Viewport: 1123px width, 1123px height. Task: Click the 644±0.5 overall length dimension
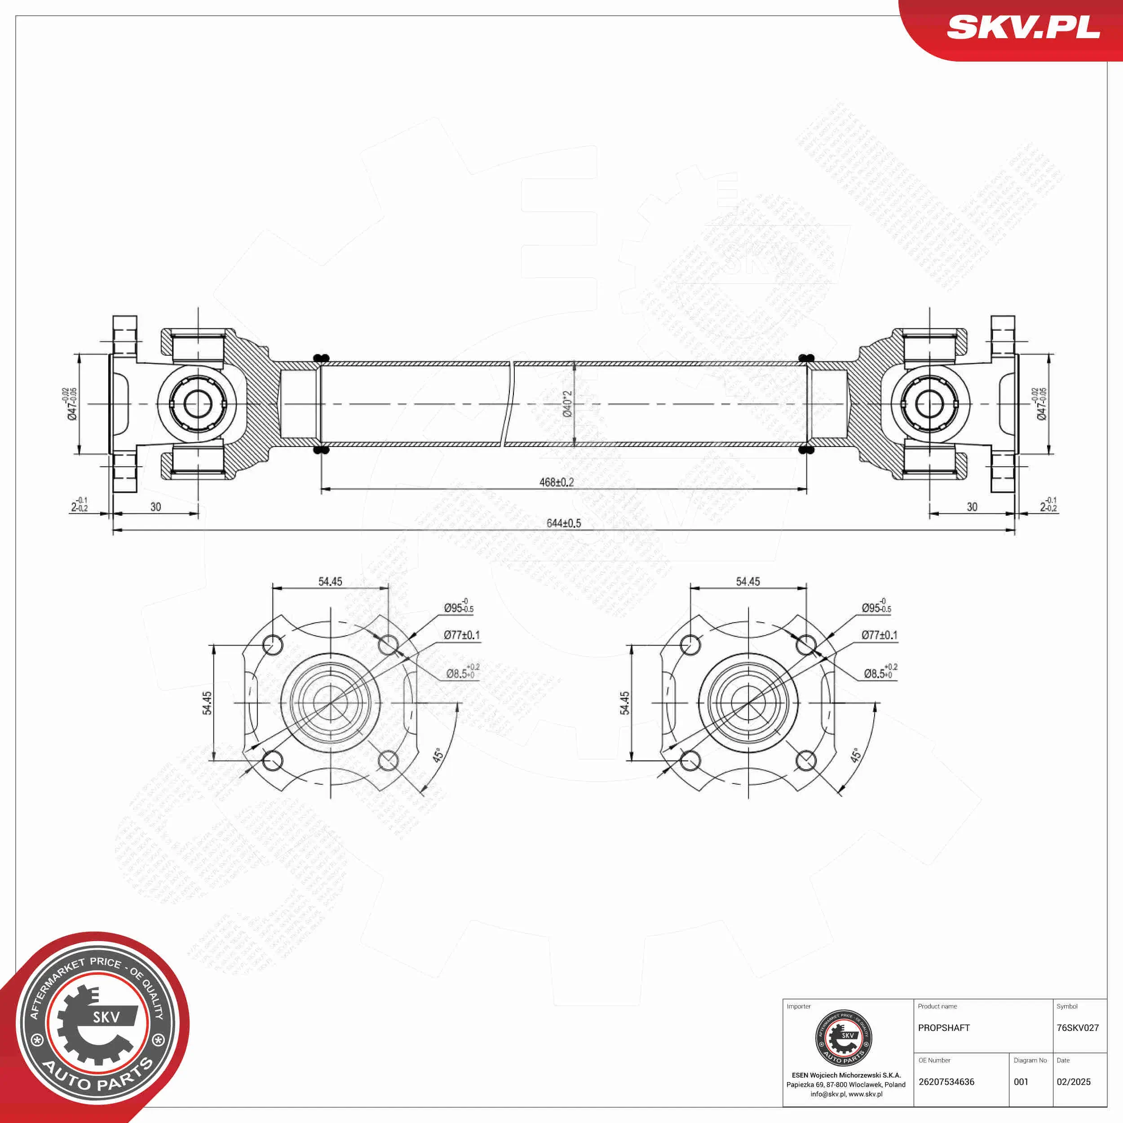pos(563,523)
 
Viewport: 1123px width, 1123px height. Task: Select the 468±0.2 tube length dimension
pos(556,482)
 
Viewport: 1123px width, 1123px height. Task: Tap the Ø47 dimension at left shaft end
pos(71,403)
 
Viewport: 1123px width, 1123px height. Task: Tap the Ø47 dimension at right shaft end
pos(1040,403)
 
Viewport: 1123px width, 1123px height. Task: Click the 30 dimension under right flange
pos(972,507)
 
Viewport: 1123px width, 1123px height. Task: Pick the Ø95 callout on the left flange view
pos(459,607)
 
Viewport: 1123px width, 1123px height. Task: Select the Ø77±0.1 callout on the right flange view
pos(879,635)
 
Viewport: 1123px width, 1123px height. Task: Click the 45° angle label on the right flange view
pos(856,756)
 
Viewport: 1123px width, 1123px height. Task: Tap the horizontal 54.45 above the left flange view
pos(330,581)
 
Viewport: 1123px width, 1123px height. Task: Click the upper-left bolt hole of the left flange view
pos(273,645)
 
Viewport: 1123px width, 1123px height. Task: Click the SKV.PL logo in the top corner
pos(1023,27)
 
